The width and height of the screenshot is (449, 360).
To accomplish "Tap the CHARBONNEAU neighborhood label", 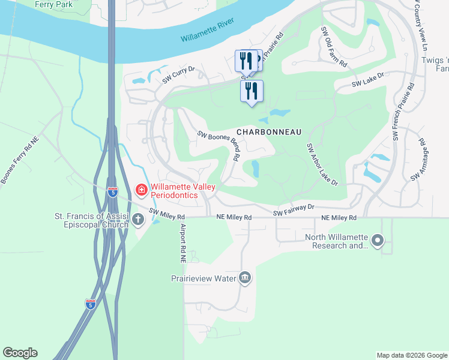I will coord(268,131).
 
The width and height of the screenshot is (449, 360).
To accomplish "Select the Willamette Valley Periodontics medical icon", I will coord(142,191).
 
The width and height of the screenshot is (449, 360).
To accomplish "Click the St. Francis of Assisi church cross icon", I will coord(138,219).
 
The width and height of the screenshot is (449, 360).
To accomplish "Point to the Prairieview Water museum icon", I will coord(245,278).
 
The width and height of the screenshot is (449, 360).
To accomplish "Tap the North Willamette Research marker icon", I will coord(378,241).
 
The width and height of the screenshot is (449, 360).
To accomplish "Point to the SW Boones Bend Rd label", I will coord(218,145).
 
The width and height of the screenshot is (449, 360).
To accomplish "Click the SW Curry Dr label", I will coord(179,74).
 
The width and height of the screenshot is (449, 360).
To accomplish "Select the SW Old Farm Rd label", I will coord(334,46).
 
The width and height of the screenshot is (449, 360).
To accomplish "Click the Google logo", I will coord(20,353).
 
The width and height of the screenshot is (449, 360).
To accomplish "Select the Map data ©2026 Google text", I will coord(411,355).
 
